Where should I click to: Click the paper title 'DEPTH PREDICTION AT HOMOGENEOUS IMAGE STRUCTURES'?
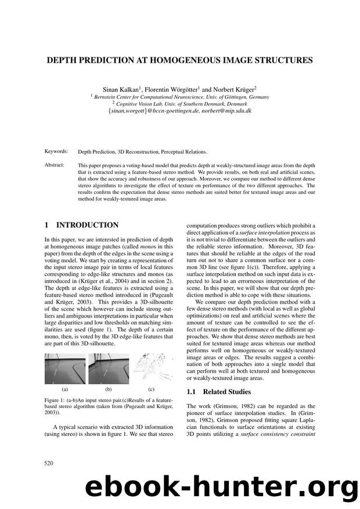(x=179, y=59)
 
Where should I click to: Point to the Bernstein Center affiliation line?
(x=180, y=98)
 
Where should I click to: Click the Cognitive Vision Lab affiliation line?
(x=180, y=104)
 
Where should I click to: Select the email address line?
(x=180, y=112)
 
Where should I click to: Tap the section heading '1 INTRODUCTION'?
(x=81, y=225)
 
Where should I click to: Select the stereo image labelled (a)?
(x=64, y=370)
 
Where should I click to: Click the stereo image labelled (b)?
(x=107, y=370)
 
